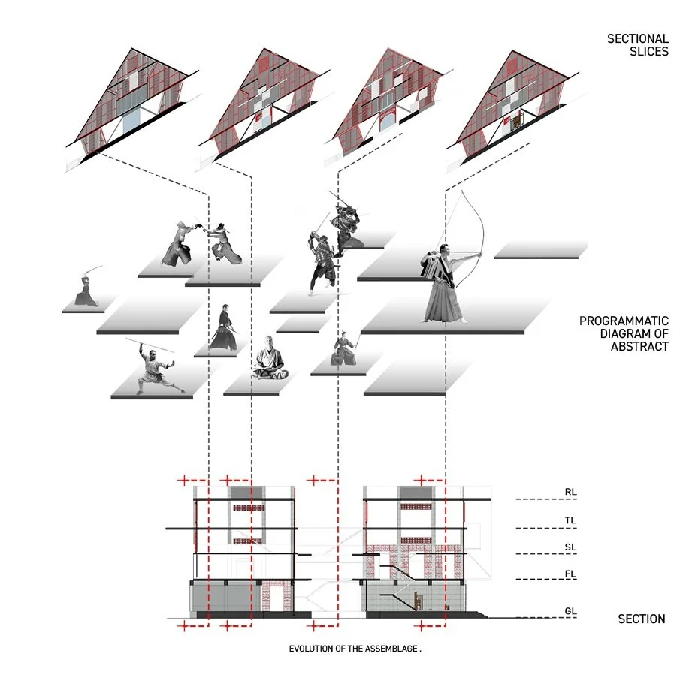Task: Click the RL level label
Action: tap(570, 493)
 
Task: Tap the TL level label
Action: tap(570, 520)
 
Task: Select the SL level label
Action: tap(570, 547)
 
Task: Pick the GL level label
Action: tap(570, 611)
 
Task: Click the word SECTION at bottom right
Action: tap(641, 619)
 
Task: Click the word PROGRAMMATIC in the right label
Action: tap(624, 321)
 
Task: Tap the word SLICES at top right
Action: tap(647, 52)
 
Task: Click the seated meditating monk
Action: tap(270, 358)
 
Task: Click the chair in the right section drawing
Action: tap(417, 599)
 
